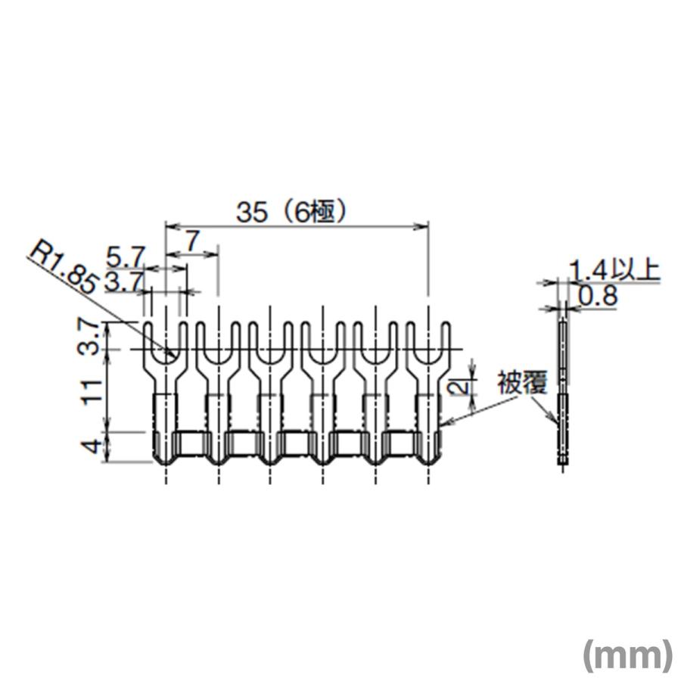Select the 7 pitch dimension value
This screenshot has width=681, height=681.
(191, 241)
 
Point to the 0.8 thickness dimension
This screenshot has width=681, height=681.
(597, 296)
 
